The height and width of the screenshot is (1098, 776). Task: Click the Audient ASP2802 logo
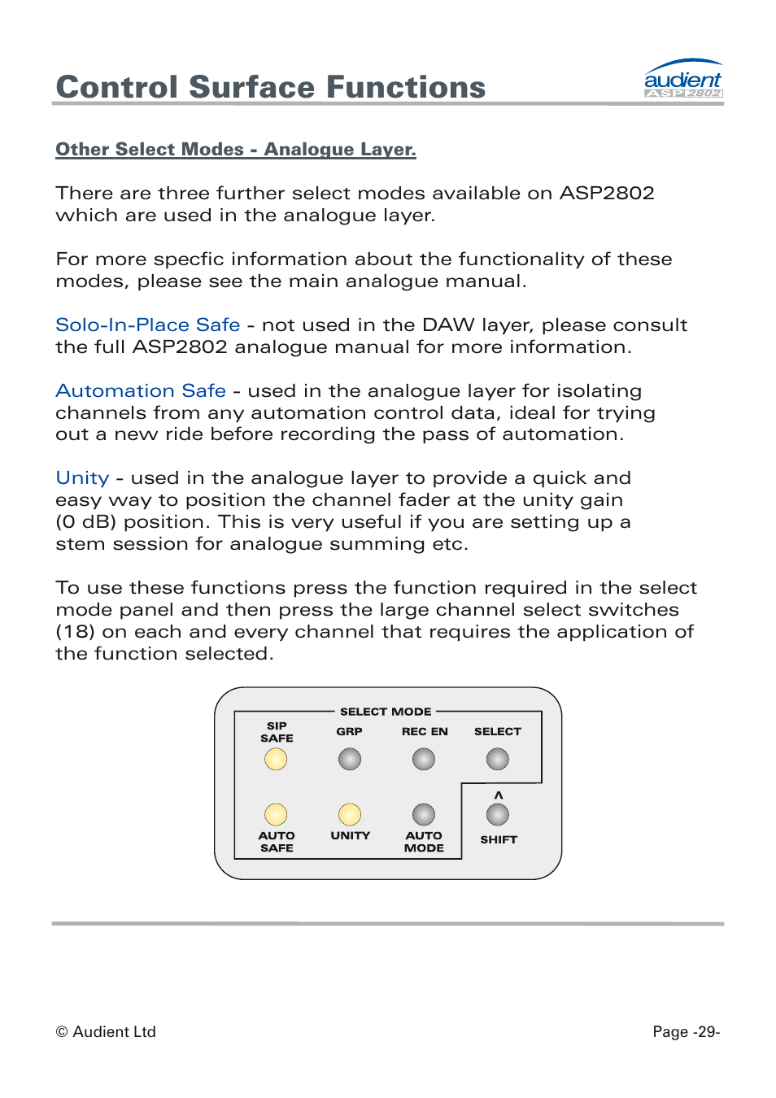tap(682, 80)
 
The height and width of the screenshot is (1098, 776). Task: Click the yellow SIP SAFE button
tap(276, 759)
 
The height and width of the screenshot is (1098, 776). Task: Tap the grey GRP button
tap(350, 759)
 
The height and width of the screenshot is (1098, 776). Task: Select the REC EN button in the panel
tap(424, 759)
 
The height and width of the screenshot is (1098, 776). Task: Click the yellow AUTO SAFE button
tap(276, 814)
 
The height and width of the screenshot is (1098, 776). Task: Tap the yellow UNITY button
tap(350, 814)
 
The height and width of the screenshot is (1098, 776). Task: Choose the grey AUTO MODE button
tap(424, 814)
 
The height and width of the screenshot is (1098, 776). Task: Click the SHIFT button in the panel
tap(498, 814)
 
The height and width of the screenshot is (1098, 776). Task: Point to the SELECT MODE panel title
tap(386, 712)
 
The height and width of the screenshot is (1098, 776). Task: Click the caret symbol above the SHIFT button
tap(499, 795)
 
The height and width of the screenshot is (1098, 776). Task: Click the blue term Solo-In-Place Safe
tap(148, 325)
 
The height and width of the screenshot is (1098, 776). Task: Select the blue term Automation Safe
tap(141, 391)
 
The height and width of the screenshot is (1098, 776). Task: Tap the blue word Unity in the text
tap(82, 478)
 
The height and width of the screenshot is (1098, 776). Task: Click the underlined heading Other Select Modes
tap(235, 150)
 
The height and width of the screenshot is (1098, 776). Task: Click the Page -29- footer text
tap(686, 1031)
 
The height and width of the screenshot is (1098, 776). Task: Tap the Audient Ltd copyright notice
tap(106, 1031)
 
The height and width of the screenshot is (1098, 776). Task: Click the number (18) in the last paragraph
tap(75, 632)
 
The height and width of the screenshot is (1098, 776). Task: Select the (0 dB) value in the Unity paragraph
tap(86, 522)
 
